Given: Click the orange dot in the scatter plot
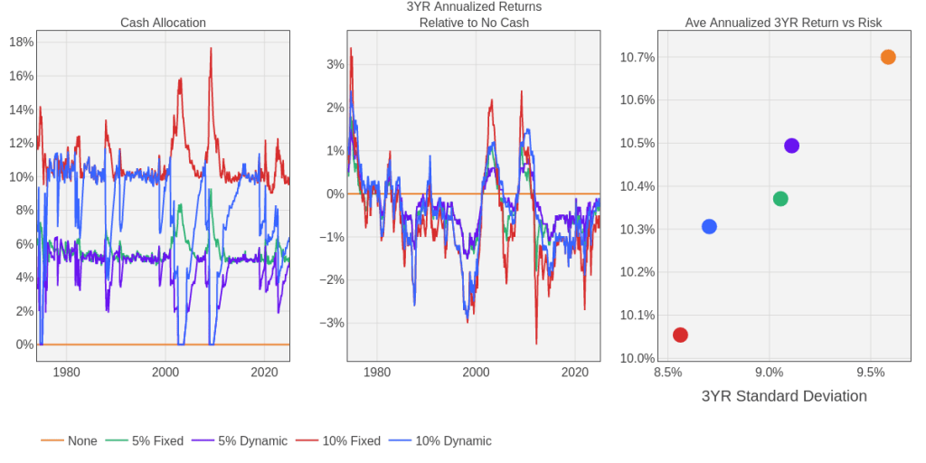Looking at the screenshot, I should (x=888, y=57).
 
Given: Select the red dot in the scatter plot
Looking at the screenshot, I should (x=680, y=335).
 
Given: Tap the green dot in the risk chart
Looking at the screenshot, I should (x=780, y=199).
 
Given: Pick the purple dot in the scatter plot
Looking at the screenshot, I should (x=791, y=146).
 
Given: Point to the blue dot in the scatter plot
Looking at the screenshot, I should (x=709, y=226).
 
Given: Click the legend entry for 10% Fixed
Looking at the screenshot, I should (x=352, y=441).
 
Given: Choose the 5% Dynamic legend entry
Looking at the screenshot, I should (x=252, y=441).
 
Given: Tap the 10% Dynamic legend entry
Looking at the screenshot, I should (x=453, y=441).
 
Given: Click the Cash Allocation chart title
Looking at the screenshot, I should (x=163, y=23).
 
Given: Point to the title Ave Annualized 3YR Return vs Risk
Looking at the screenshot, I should (x=783, y=23).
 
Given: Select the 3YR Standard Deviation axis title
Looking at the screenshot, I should (x=784, y=396).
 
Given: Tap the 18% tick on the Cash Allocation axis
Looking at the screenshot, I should (x=21, y=42).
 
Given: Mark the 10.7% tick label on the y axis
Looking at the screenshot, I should (x=638, y=57).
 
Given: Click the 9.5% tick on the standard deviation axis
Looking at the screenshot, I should (x=870, y=372).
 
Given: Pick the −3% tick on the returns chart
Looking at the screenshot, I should (x=334, y=323).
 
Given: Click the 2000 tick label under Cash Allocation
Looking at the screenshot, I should (x=165, y=372).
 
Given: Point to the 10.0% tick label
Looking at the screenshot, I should (x=638, y=358).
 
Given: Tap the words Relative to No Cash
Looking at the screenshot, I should (x=474, y=23).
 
